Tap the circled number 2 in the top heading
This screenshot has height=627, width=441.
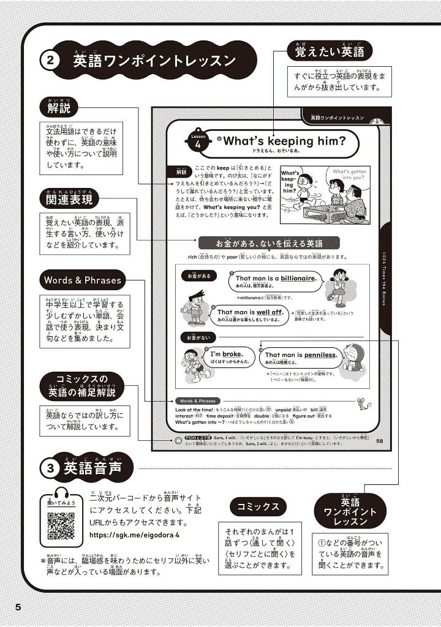point(50,61)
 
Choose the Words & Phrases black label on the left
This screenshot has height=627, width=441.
point(83,280)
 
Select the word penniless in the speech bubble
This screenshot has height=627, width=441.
point(318,355)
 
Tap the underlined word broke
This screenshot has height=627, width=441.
point(233,353)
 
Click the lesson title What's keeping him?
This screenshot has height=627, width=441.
point(284,141)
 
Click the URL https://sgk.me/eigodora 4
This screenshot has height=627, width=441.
point(134,535)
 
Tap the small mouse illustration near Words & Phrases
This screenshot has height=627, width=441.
point(361,402)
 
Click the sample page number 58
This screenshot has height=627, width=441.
point(379,442)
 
